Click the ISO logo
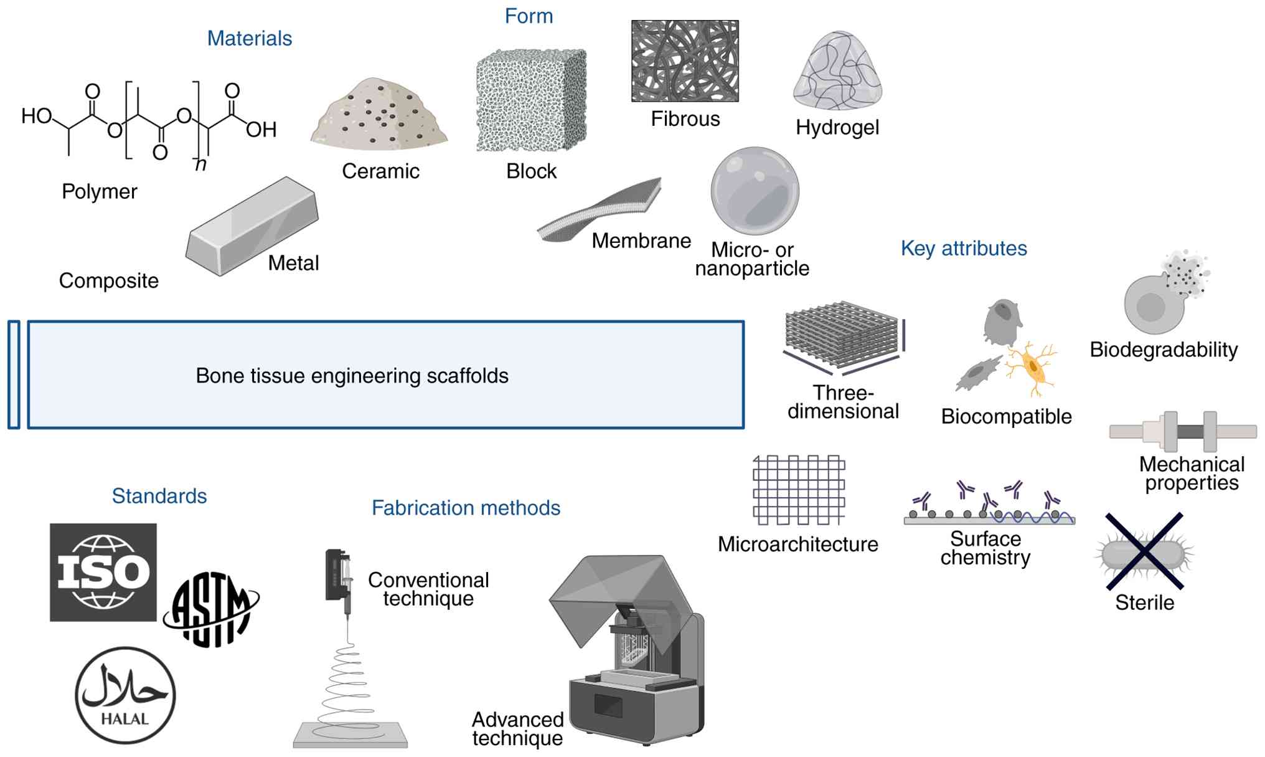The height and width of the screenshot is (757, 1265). pyautogui.click(x=103, y=572)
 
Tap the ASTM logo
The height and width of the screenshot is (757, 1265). pyautogui.click(x=211, y=609)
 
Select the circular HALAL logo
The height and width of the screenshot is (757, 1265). pyautogui.click(x=125, y=695)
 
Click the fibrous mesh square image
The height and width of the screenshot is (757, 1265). pyautogui.click(x=685, y=61)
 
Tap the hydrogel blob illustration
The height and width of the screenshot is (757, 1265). pyautogui.click(x=837, y=72)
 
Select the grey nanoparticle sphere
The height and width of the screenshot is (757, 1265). pyautogui.click(x=755, y=191)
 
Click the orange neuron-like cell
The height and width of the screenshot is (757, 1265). pyautogui.click(x=1032, y=368)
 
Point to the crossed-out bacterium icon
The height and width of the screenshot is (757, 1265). pyautogui.click(x=1144, y=551)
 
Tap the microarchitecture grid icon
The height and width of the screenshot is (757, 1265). pyautogui.click(x=799, y=490)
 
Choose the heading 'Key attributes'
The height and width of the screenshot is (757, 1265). pyautogui.click(x=964, y=249)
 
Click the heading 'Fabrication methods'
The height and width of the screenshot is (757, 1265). pyautogui.click(x=466, y=508)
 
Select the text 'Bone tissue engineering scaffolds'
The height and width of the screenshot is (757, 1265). pyautogui.click(x=352, y=376)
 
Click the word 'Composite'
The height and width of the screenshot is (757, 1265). pyautogui.click(x=109, y=281)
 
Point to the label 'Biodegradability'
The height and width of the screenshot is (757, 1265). pyautogui.click(x=1164, y=350)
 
